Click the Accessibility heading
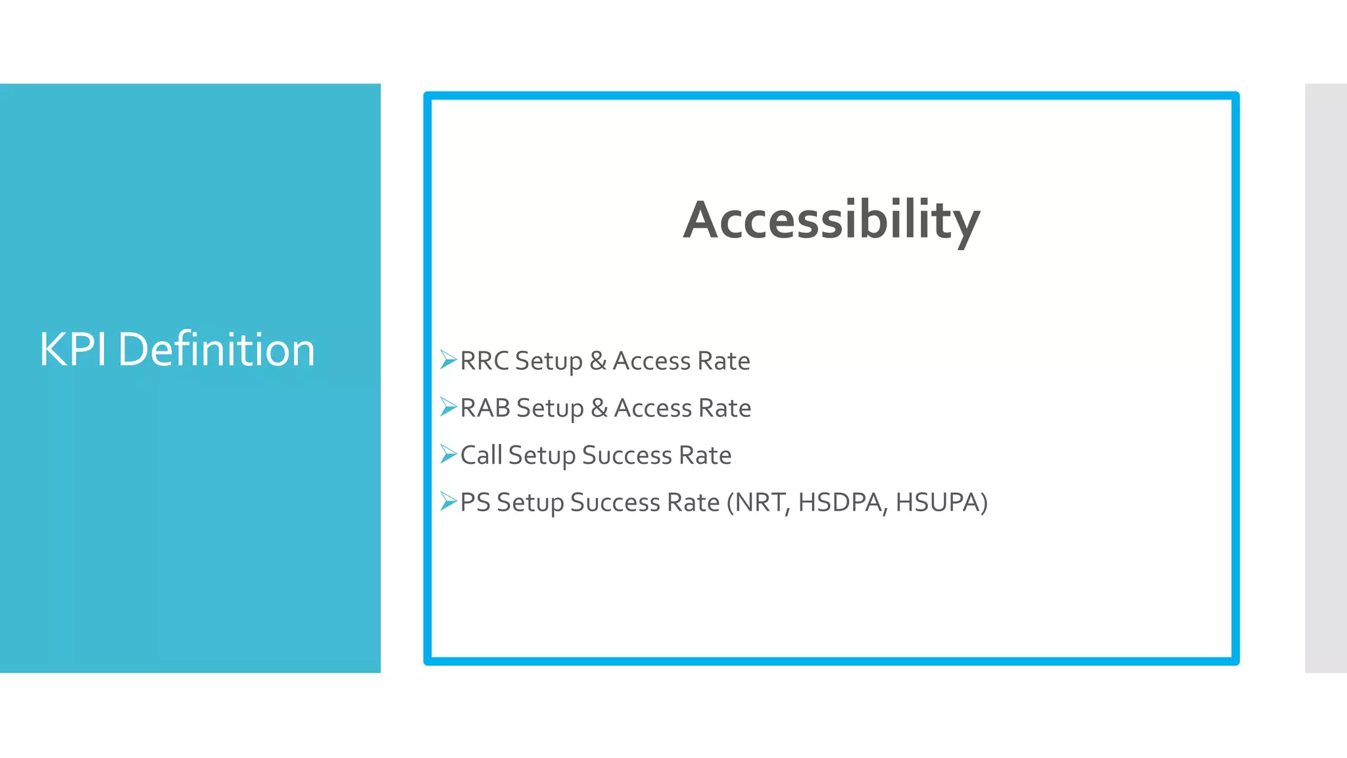(x=831, y=220)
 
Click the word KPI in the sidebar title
(x=73, y=349)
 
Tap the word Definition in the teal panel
(x=216, y=349)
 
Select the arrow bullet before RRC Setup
(x=448, y=360)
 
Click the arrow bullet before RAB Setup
(x=448, y=407)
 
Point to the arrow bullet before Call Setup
(x=448, y=454)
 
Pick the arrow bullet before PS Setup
(x=448, y=501)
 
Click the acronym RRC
(x=484, y=361)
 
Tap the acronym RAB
(x=485, y=409)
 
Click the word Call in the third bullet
(x=481, y=455)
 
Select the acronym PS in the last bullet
(x=475, y=503)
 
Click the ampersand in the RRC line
(x=597, y=361)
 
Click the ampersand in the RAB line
(x=599, y=409)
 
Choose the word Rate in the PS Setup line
(x=693, y=503)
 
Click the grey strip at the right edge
(x=1326, y=378)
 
